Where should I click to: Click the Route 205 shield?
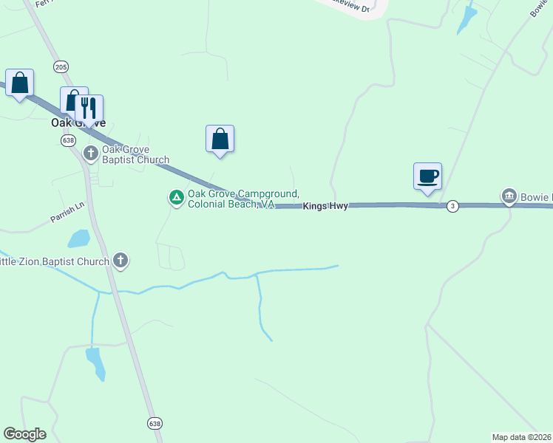click(61, 66)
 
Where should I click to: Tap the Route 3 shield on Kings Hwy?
click(452, 206)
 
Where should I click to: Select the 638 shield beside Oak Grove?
click(69, 140)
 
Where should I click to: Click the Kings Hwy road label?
click(325, 207)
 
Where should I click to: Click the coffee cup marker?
click(427, 176)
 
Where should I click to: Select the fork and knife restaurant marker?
click(89, 108)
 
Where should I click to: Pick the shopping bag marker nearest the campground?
click(220, 139)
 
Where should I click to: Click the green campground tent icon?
click(177, 197)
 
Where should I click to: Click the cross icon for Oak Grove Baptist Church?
click(91, 154)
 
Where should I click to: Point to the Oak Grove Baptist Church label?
click(135, 154)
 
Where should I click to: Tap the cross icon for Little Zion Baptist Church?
click(121, 261)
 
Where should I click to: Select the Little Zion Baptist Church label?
click(55, 261)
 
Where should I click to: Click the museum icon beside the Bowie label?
click(509, 196)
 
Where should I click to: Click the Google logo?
click(24, 434)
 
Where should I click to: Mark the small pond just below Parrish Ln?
click(78, 238)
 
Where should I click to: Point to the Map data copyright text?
click(522, 436)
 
